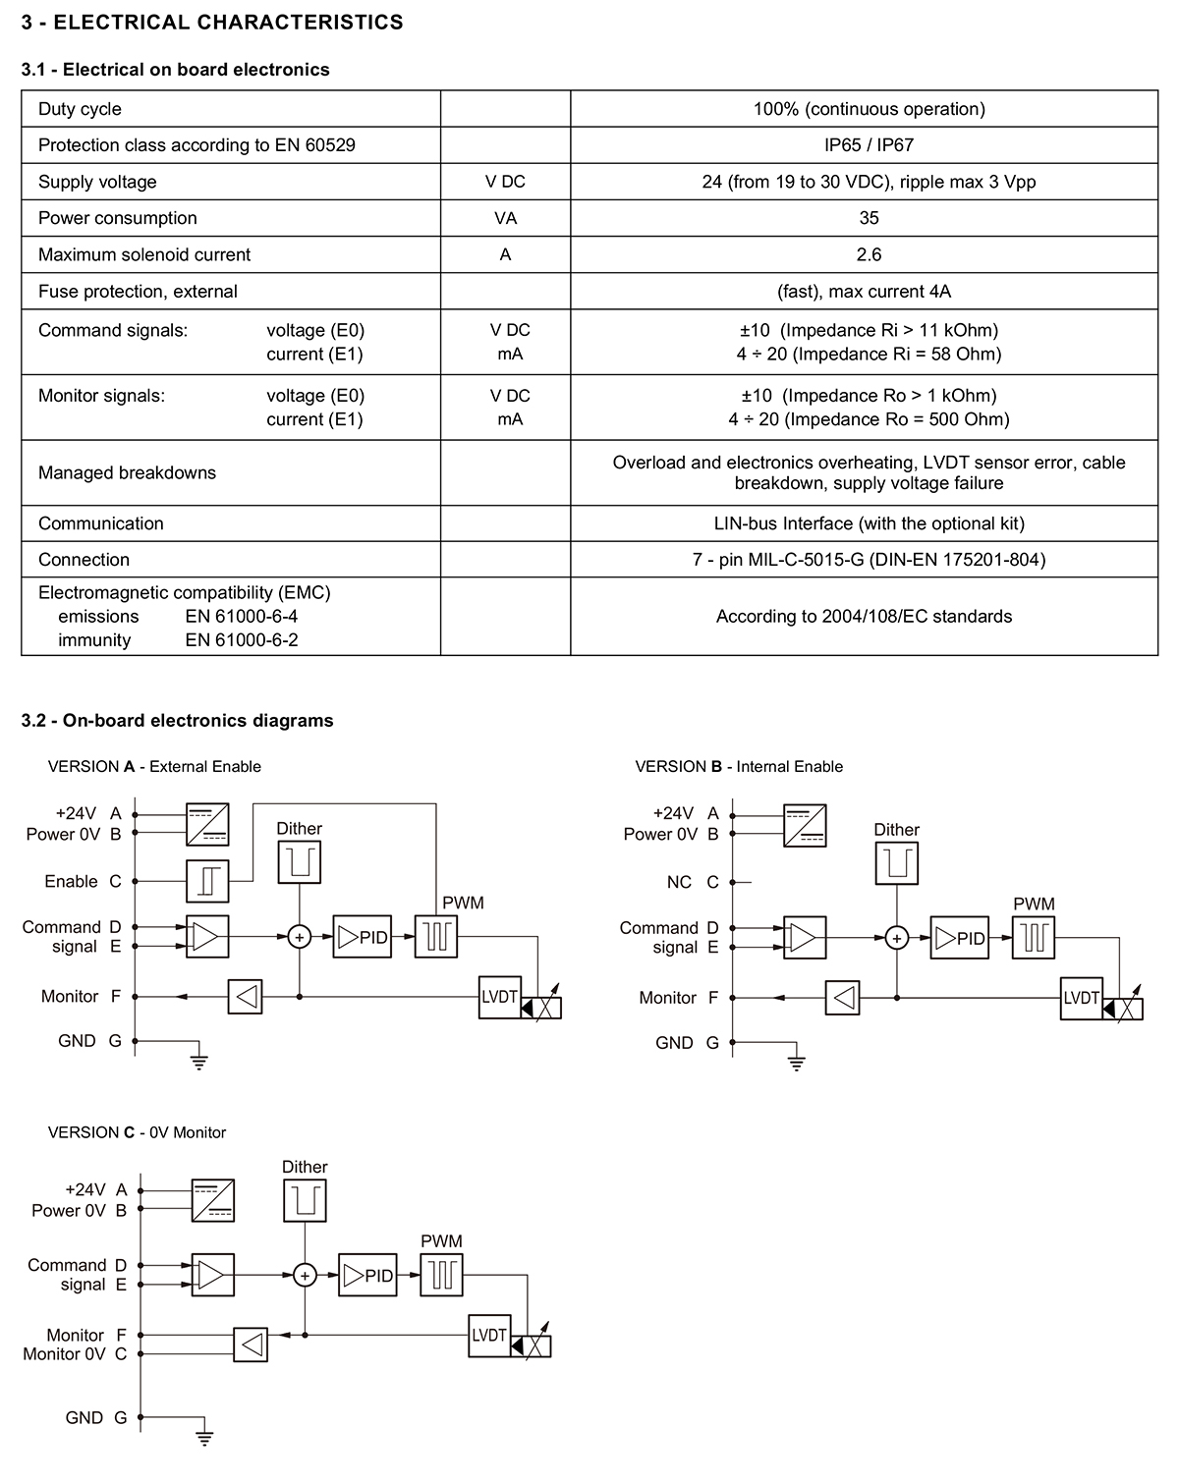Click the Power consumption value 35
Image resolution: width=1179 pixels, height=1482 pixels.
tap(869, 218)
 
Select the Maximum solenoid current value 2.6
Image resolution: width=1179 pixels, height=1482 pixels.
tap(869, 254)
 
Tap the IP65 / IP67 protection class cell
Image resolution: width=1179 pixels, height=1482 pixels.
tap(869, 145)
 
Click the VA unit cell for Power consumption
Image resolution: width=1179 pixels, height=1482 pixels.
tap(505, 218)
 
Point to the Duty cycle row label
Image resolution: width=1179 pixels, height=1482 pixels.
tap(80, 109)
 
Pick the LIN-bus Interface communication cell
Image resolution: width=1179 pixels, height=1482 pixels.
tap(869, 523)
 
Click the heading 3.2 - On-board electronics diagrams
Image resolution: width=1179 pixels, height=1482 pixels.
tap(177, 720)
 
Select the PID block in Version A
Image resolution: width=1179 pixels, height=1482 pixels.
tap(362, 937)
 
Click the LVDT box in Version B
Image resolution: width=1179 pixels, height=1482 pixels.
tap(1081, 998)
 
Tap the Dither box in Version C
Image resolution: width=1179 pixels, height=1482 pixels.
tap(305, 1201)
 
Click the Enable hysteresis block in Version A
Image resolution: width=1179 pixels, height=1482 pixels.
tap(207, 881)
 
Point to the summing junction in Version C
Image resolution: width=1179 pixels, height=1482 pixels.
tap(305, 1275)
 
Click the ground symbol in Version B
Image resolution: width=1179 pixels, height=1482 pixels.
tap(796, 1064)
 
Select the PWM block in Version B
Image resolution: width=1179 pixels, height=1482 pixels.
tap(1033, 937)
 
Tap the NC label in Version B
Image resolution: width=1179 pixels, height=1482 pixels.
tap(679, 882)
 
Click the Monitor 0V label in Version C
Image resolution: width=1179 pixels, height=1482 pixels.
tap(64, 1354)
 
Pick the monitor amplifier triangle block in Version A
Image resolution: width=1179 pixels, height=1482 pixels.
tap(245, 997)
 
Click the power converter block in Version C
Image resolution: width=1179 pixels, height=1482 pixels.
tap(213, 1200)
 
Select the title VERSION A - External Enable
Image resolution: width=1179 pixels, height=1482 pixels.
tap(154, 766)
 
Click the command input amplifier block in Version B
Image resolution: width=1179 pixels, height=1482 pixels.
tap(804, 937)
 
